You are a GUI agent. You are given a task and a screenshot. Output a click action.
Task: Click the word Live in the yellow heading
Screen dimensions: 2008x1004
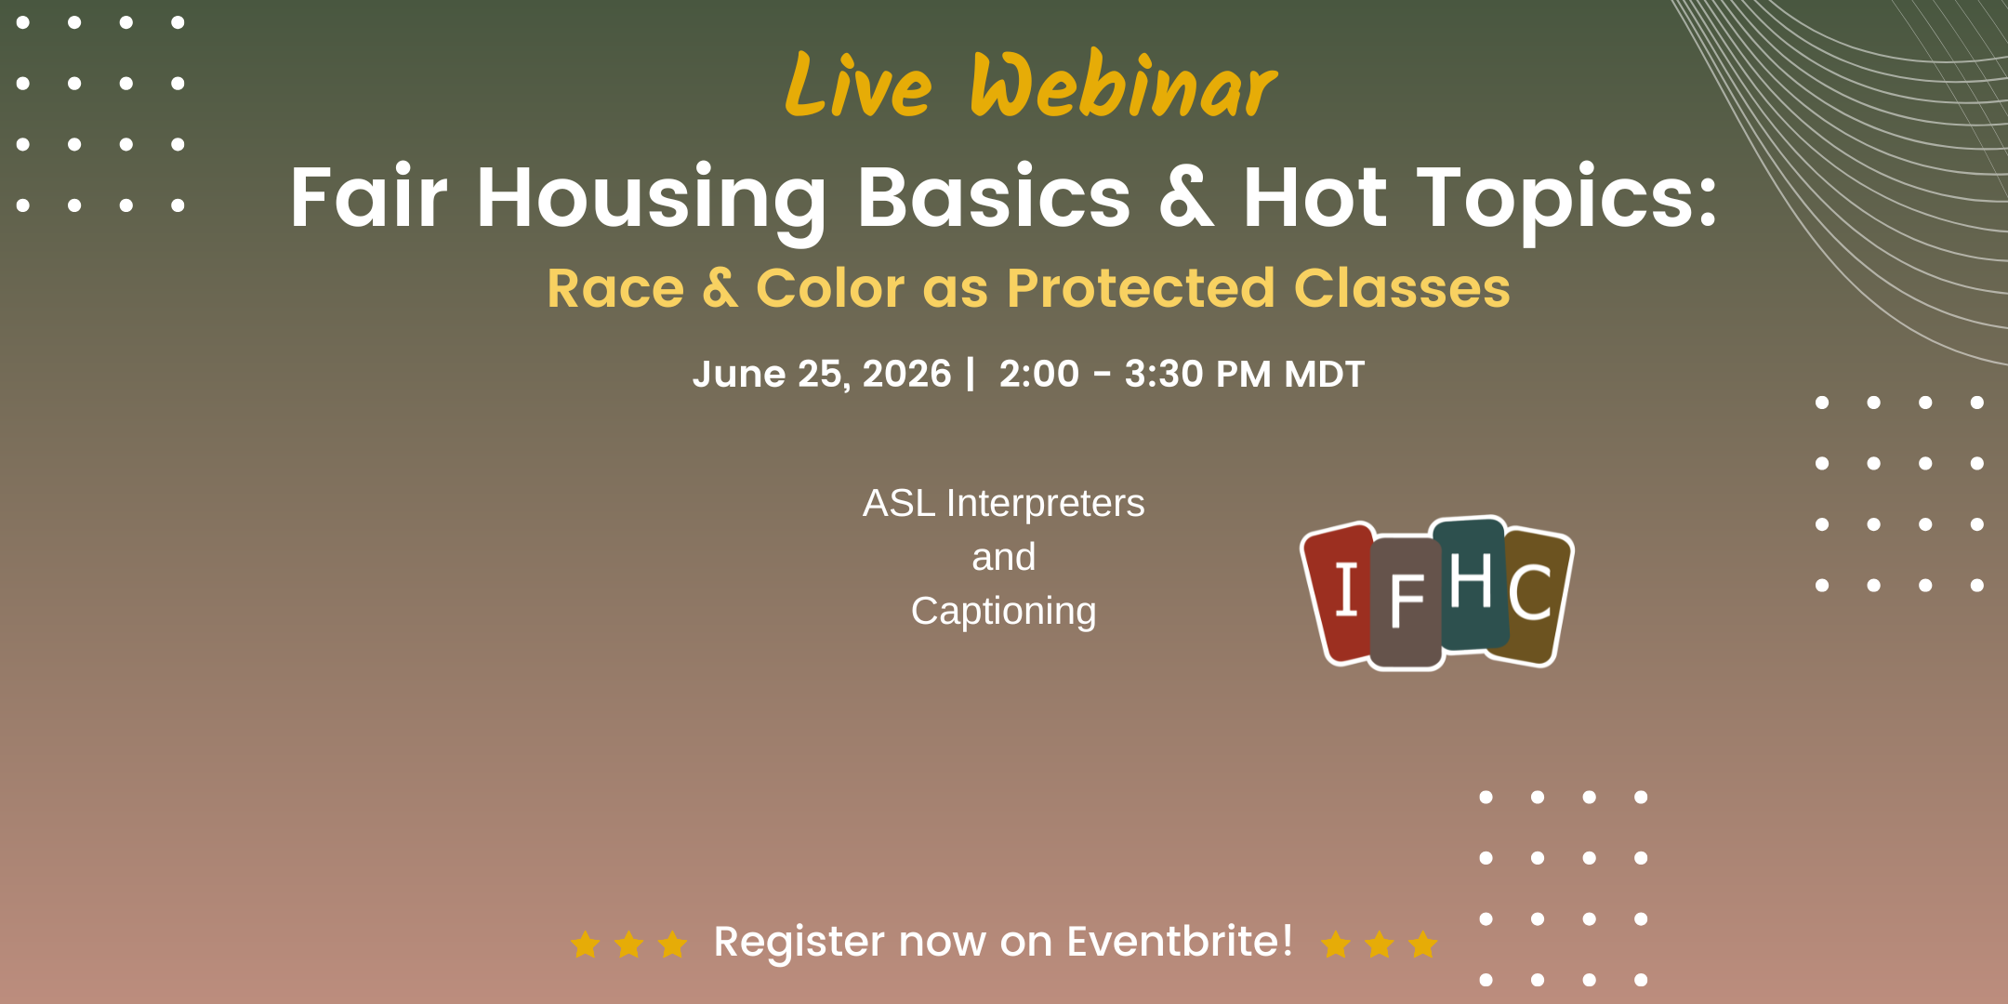click(x=858, y=86)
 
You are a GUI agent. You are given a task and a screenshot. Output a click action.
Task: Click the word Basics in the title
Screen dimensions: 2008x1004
click(x=994, y=197)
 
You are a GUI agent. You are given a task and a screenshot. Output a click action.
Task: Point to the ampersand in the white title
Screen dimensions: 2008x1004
click(x=1186, y=197)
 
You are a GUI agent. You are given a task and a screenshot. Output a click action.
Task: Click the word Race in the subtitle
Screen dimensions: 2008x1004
click(x=615, y=288)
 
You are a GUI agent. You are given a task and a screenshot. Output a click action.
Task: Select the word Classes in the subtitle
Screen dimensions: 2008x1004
click(x=1402, y=287)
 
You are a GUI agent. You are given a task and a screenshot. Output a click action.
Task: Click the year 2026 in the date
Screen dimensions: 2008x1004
click(x=906, y=374)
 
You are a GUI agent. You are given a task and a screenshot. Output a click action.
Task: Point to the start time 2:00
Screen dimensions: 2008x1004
click(x=1038, y=374)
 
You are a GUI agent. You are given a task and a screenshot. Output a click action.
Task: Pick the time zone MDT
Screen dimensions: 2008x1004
click(x=1324, y=374)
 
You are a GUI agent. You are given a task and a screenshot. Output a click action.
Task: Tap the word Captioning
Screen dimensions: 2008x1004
click(x=1004, y=612)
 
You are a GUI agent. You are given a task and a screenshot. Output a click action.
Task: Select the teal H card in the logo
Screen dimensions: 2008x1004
click(x=1471, y=581)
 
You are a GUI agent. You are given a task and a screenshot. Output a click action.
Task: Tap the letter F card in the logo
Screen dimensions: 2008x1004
click(x=1406, y=602)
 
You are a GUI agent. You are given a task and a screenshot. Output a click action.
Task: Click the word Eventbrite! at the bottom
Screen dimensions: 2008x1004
click(x=1180, y=941)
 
